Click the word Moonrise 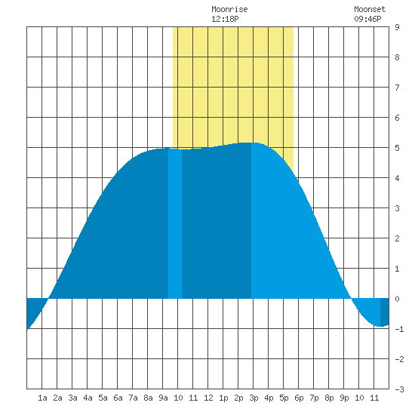229,9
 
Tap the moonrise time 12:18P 225,19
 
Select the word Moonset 370,9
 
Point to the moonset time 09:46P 367,19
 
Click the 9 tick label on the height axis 397,27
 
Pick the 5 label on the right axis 397,148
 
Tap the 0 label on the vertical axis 397,299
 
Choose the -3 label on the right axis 399,389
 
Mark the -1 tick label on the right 399,329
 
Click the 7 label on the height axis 397,88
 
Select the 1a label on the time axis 42,398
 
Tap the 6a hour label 118,398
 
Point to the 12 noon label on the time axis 208,398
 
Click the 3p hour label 254,398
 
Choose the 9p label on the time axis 344,398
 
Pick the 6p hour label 299,398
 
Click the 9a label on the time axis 163,398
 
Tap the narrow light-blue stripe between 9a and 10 175,223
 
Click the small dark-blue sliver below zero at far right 385,312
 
